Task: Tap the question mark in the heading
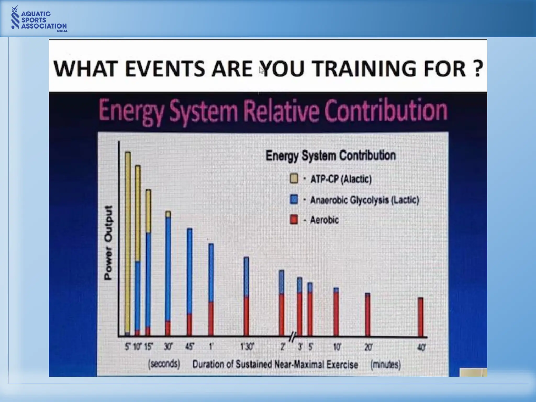[x=478, y=69]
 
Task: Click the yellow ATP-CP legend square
[x=294, y=178]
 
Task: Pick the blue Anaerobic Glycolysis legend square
[x=294, y=199]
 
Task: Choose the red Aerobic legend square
[x=294, y=219]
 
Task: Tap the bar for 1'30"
[x=246, y=296]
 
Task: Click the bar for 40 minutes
[x=421, y=317]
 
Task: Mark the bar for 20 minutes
[x=367, y=314]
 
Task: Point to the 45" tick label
[x=189, y=347]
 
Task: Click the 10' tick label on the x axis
[x=337, y=347]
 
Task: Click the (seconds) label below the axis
[x=164, y=364]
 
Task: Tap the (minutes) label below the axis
[x=386, y=364]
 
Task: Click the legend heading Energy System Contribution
[x=331, y=155]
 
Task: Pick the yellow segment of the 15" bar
[x=148, y=211]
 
